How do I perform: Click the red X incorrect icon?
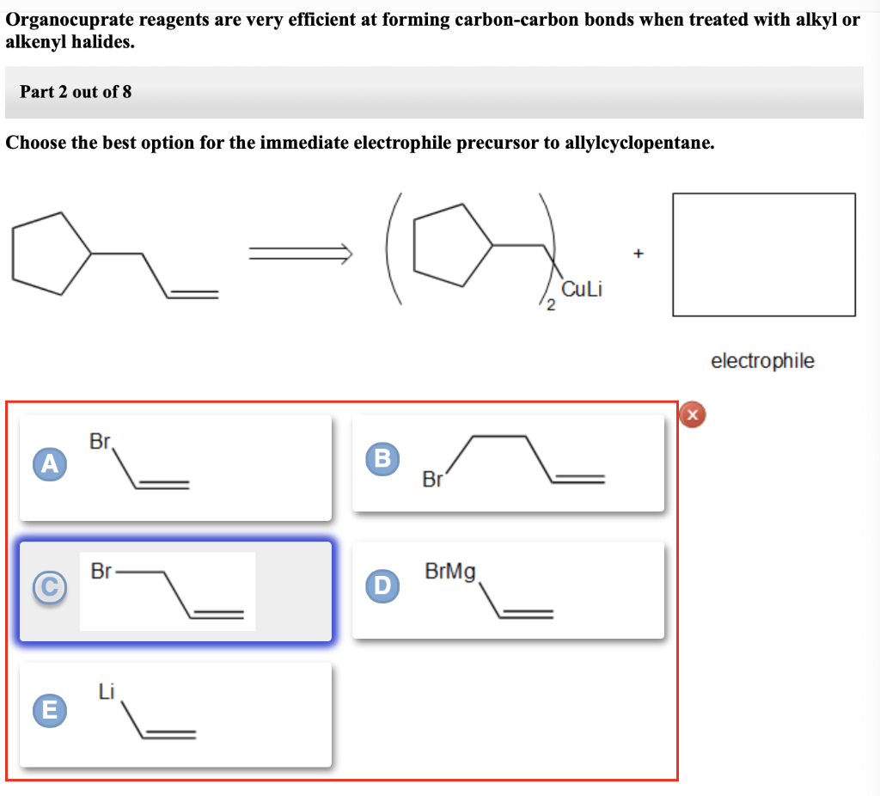click(693, 415)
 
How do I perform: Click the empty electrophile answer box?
click(764, 254)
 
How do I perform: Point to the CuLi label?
click(581, 290)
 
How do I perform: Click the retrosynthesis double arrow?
click(300, 252)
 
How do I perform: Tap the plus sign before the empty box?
click(638, 254)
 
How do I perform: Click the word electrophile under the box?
click(762, 361)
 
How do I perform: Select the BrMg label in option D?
click(450, 571)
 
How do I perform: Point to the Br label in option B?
click(432, 480)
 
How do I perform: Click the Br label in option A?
click(101, 443)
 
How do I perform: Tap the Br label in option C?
click(101, 571)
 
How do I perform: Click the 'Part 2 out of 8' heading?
click(76, 92)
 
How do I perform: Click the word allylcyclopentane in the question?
click(638, 143)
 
